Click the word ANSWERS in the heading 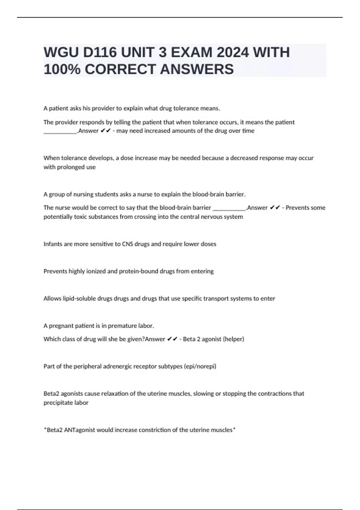click(197, 69)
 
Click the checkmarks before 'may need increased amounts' click(106, 131)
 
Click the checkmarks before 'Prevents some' click(275, 208)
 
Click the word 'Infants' click(53, 244)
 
